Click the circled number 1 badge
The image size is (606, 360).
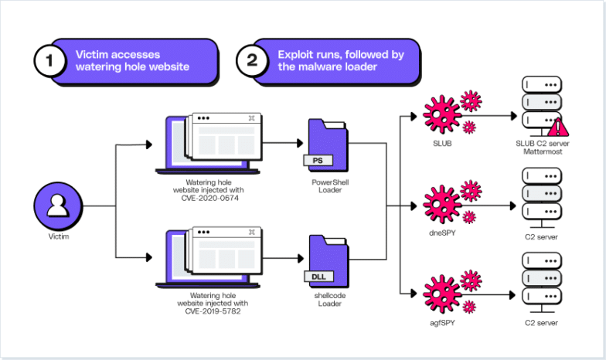tap(50, 62)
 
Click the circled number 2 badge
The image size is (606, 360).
tap(252, 62)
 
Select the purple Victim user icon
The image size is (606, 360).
tap(59, 206)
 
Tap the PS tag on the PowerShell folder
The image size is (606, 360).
tap(317, 160)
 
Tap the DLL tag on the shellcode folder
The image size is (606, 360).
tap(318, 275)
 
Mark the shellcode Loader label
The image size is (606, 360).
tap(328, 300)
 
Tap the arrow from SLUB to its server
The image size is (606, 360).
tap(495, 116)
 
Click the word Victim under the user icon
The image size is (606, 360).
tap(59, 236)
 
